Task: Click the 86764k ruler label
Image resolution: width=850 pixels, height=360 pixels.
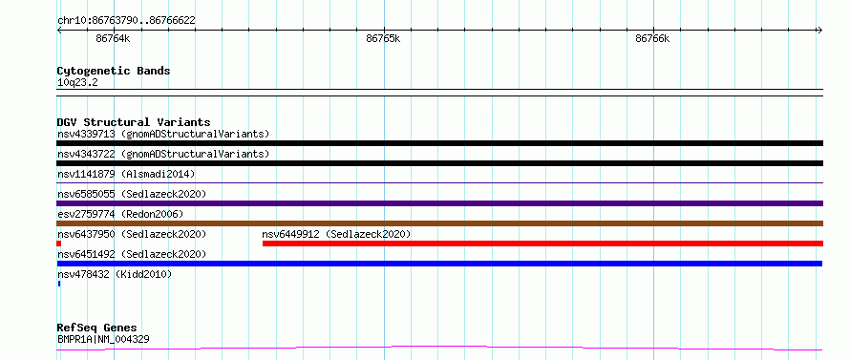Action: (113, 39)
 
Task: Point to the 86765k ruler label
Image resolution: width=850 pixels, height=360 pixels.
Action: (383, 39)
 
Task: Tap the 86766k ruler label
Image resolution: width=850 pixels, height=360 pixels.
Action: (652, 39)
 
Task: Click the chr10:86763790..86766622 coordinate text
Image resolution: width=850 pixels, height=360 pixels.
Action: (126, 21)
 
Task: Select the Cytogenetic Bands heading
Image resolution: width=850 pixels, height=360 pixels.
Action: (114, 71)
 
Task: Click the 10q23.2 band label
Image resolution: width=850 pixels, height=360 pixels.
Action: (77, 83)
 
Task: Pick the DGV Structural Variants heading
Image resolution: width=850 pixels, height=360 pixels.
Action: (134, 122)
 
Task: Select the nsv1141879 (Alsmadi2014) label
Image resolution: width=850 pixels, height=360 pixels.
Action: (126, 174)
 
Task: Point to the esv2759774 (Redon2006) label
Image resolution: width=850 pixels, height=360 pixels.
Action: (120, 214)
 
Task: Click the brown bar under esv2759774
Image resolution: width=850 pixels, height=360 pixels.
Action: (439, 223)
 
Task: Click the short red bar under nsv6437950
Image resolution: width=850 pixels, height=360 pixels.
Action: (58, 244)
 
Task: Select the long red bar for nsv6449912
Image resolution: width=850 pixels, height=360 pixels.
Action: (542, 244)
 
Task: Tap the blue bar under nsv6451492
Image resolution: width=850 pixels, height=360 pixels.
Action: (439, 264)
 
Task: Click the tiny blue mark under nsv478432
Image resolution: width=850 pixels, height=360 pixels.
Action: (59, 284)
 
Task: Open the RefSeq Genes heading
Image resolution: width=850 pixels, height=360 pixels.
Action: (97, 328)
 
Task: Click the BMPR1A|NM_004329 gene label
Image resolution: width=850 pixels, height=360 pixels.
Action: (103, 339)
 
